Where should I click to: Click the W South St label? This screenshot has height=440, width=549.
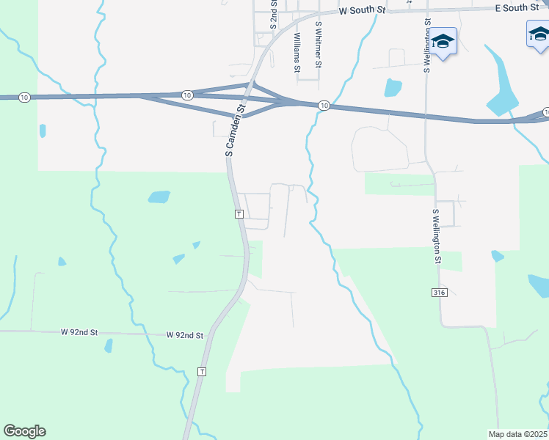point(362,11)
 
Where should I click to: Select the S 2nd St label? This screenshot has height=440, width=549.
point(273,13)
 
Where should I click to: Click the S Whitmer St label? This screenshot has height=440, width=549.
point(319,45)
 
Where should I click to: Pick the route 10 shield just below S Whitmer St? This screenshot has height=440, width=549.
point(324,107)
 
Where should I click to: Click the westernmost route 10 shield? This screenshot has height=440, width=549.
point(24,98)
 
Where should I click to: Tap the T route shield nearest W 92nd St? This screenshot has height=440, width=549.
point(202,372)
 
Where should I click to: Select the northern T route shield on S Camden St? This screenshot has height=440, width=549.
point(239,214)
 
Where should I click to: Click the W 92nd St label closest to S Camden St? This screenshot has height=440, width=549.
point(184,335)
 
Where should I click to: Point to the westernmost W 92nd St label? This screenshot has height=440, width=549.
point(79,332)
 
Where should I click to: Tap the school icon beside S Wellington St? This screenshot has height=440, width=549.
point(443,41)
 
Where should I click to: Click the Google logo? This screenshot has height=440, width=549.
point(24,431)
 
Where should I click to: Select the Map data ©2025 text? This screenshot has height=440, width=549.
point(518,433)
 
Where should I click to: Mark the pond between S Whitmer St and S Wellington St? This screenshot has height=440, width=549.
point(393,88)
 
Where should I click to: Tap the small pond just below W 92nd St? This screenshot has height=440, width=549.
point(109,345)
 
